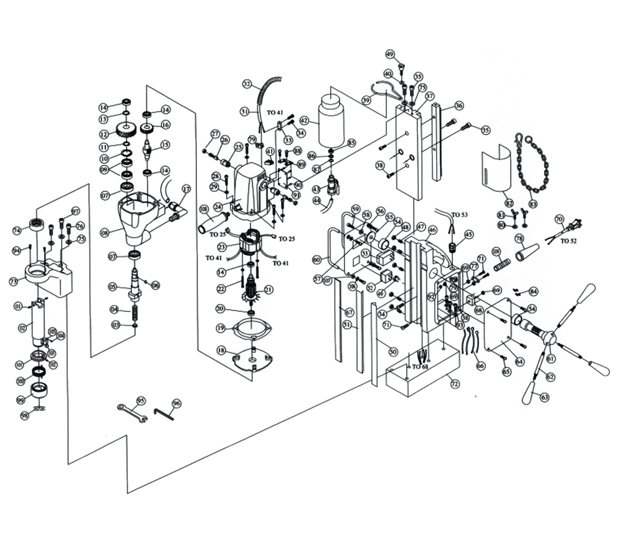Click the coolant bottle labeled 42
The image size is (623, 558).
pos(330,121)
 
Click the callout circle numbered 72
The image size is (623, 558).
pos(455,384)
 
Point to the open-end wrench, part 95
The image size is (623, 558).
pos(132,412)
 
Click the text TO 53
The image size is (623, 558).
pos(460,214)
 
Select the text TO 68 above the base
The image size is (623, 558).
pos(420,366)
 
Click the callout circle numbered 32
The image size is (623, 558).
pos(247,83)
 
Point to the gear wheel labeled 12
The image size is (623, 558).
pos(126,131)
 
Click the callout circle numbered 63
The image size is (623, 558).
pos(544,396)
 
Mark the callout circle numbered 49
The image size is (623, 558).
pos(391,54)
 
